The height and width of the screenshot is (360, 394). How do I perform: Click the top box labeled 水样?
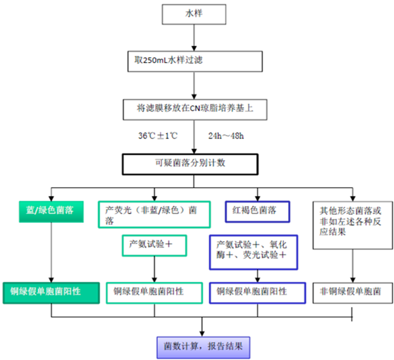point(194,14)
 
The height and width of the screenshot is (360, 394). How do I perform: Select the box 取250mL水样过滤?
point(195,61)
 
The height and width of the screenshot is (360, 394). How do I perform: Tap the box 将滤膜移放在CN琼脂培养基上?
point(195,110)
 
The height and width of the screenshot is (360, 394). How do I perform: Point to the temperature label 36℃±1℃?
point(158,136)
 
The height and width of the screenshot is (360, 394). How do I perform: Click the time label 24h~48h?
point(226,136)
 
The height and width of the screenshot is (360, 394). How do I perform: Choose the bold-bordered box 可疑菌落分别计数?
point(190,164)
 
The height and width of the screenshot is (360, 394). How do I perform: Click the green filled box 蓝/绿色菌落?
point(51,211)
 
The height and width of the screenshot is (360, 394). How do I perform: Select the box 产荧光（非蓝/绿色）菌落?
point(154,215)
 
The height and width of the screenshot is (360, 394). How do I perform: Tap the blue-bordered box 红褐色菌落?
point(257,211)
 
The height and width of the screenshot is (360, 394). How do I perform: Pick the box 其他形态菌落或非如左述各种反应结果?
point(352,225)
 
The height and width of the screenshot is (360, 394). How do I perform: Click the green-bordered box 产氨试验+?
point(154,246)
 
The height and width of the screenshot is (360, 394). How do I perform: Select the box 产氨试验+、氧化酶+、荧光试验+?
point(254,252)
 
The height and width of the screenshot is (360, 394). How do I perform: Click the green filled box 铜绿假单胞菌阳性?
point(51,293)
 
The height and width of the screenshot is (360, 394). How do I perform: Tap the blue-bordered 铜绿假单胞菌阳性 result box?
point(257,293)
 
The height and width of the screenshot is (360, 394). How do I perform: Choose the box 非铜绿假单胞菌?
point(352,293)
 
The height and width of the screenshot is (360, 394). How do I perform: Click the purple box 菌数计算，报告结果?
point(203,347)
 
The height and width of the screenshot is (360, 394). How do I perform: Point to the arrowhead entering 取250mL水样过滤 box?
point(194,48)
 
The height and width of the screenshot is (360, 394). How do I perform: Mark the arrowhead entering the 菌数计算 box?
point(202,334)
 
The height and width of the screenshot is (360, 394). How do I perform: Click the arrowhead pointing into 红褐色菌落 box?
point(257,198)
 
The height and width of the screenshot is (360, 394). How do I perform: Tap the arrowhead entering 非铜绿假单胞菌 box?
point(352,280)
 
